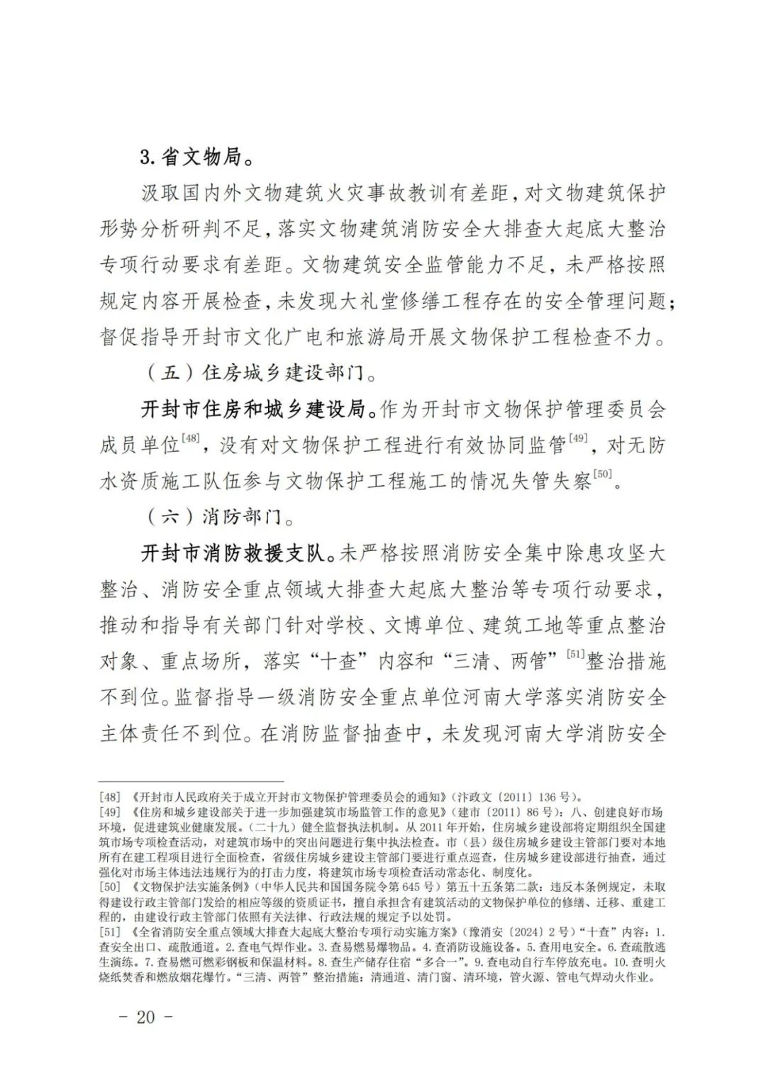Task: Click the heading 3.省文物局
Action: pos(196,157)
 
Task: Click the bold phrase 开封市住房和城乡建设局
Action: pos(258,409)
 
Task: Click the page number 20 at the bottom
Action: pos(145,1016)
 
